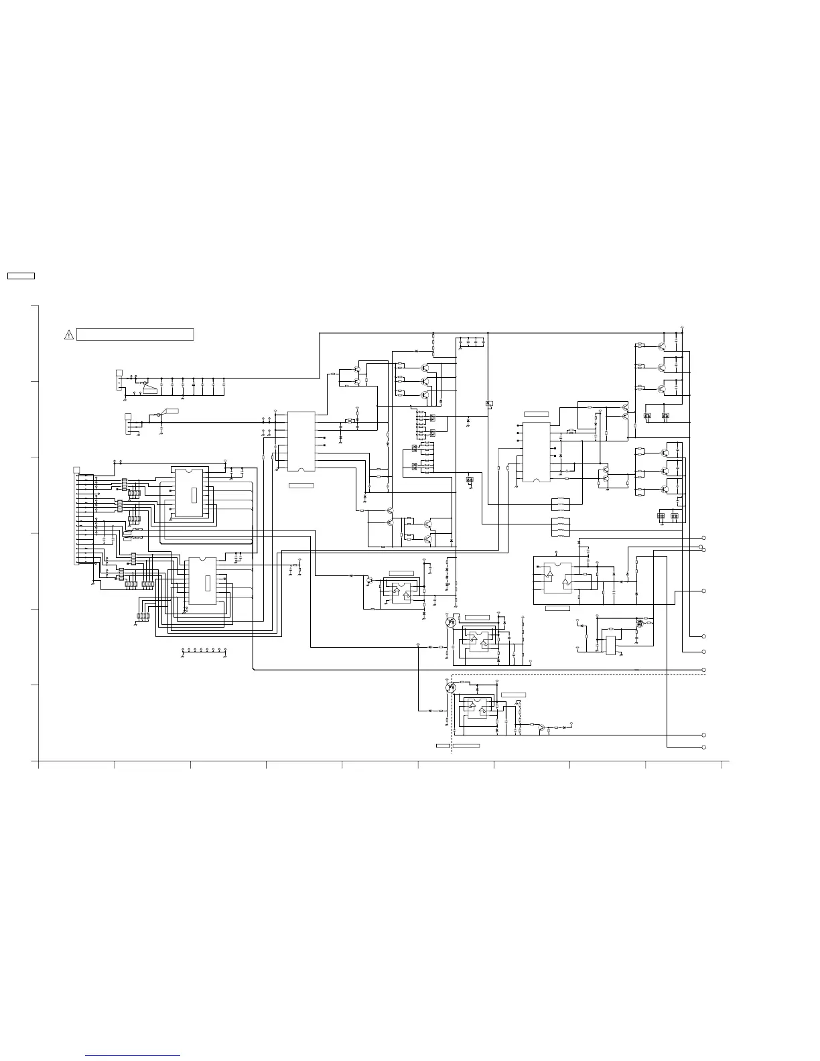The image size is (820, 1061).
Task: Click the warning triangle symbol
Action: click(x=68, y=335)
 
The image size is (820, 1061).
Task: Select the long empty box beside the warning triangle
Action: click(x=135, y=334)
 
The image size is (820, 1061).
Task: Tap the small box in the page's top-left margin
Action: click(x=20, y=276)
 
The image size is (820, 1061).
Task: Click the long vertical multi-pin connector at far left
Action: click(x=75, y=516)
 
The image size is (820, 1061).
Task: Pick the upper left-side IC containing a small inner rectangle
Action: click(x=189, y=494)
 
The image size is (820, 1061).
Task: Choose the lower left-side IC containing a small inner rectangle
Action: click(x=202, y=583)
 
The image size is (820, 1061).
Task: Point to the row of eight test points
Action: click(x=204, y=650)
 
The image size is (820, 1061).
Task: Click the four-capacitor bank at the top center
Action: click(x=471, y=342)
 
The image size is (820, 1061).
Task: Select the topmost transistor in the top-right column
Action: click(x=662, y=346)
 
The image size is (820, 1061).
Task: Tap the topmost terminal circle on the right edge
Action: click(x=703, y=538)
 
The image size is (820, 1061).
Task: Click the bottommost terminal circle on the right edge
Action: click(x=703, y=747)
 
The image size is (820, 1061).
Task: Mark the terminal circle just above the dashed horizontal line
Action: click(x=703, y=670)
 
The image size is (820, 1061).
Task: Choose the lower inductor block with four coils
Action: click(x=560, y=526)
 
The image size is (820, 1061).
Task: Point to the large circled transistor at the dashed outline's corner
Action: click(x=451, y=687)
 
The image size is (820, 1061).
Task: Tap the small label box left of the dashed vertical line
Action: click(x=443, y=745)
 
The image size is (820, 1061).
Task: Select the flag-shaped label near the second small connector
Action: click(x=172, y=410)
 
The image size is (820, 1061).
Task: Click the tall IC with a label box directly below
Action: click(x=301, y=441)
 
